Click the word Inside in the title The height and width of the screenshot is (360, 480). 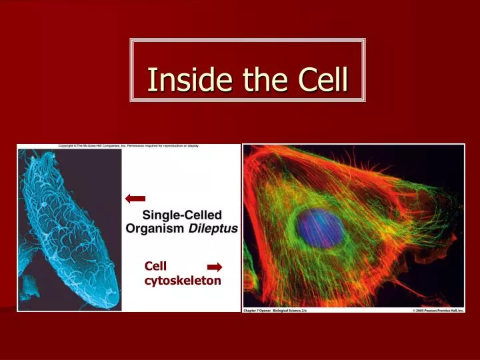point(179,80)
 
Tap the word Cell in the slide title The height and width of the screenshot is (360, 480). point(323,80)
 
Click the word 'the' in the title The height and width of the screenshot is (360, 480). point(256,80)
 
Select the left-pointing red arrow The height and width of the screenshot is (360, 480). point(135,198)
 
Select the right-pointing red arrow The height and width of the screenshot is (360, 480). point(215,267)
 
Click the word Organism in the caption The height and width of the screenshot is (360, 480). point(155,227)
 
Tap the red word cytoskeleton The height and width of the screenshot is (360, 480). point(182,281)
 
